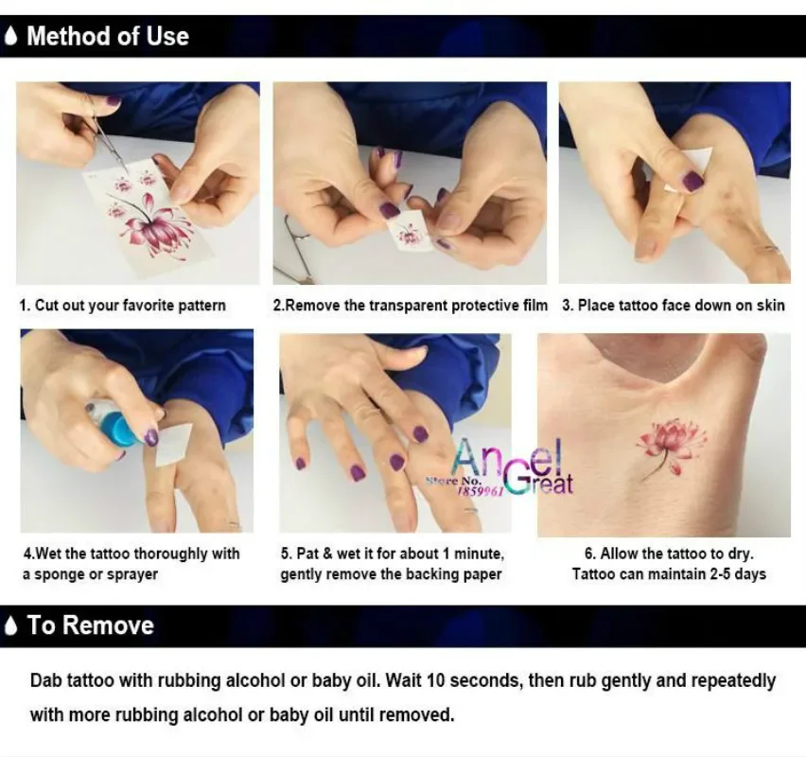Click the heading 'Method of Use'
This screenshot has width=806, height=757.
[107, 37]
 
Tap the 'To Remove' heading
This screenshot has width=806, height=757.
[90, 625]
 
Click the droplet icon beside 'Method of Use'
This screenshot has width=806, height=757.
[11, 37]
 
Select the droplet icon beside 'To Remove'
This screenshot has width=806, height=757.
[11, 625]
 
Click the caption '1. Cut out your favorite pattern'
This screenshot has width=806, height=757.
[123, 306]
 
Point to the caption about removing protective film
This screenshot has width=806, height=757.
[411, 306]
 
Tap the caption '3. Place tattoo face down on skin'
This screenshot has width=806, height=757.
[674, 306]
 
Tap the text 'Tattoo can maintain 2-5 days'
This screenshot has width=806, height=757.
[669, 574]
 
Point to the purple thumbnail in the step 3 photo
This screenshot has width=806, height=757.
[692, 181]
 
